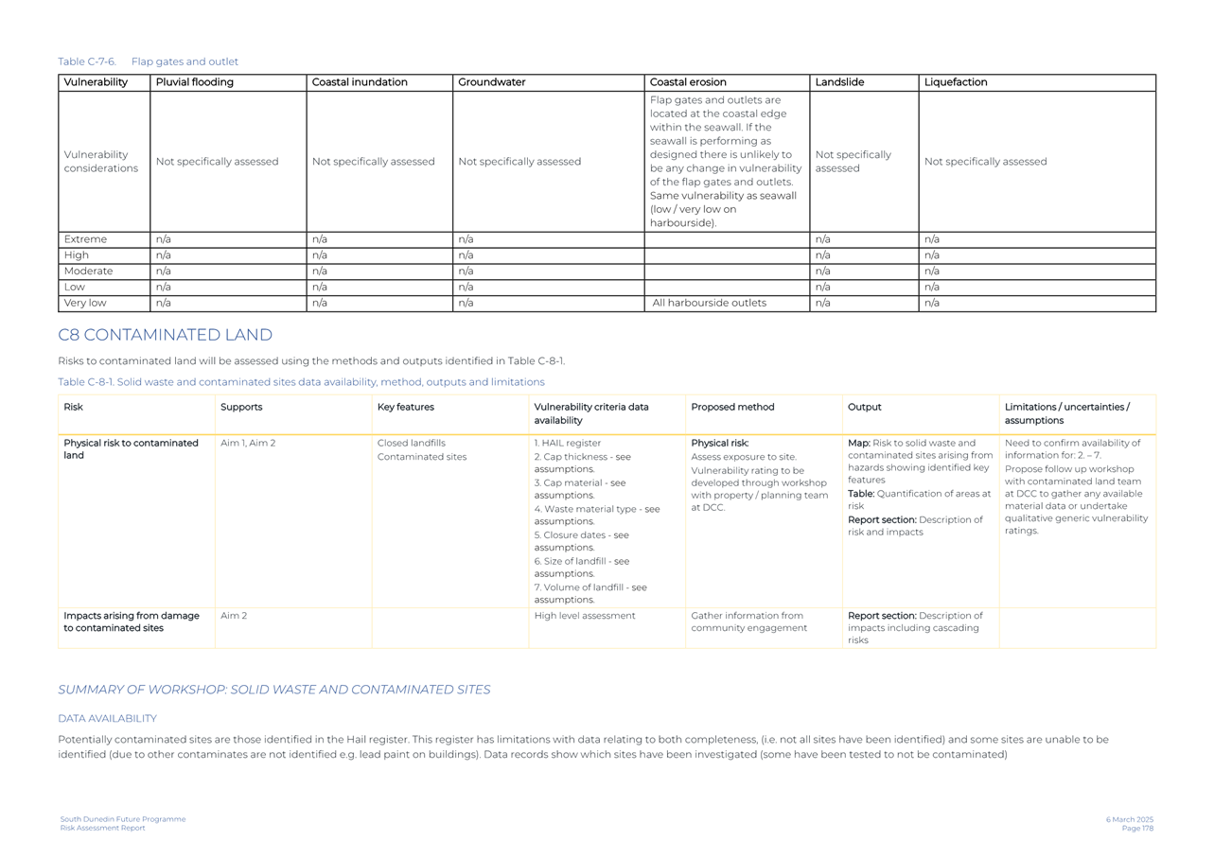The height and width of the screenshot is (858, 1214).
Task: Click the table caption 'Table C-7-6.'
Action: point(87,62)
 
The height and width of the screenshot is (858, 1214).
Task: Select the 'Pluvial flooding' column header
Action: point(194,83)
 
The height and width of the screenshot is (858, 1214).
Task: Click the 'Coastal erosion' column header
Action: point(688,83)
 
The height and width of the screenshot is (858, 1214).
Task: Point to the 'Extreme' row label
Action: point(85,240)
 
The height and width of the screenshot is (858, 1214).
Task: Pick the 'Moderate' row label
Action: point(88,271)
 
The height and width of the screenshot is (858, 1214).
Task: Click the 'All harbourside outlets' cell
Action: point(709,304)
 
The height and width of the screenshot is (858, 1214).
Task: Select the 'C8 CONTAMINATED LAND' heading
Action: point(165,336)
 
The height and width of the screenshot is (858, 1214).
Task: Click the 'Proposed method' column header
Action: point(732,408)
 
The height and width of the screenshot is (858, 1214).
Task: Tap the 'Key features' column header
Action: point(405,408)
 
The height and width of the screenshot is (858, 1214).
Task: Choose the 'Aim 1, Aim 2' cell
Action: point(248,444)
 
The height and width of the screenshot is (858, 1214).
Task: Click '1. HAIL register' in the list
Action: point(567,444)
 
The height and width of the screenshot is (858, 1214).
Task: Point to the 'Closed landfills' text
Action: point(411,444)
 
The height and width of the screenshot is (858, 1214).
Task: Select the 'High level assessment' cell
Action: point(584,616)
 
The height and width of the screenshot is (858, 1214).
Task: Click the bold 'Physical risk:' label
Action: point(719,444)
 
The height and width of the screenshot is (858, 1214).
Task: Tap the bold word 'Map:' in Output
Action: point(858,444)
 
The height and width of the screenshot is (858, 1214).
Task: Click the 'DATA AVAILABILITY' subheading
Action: point(107,719)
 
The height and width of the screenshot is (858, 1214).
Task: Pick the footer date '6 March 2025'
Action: point(1129,820)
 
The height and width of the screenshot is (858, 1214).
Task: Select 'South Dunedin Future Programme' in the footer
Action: point(123,820)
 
